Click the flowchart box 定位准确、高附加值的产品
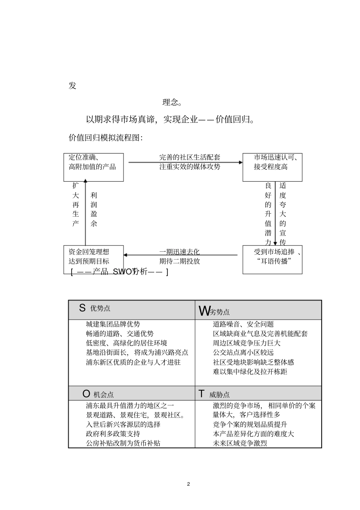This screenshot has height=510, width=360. [93, 167]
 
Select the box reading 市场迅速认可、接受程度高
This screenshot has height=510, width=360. [272, 167]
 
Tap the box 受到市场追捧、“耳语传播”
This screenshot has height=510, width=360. [272, 260]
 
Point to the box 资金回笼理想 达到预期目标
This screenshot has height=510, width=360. [93, 260]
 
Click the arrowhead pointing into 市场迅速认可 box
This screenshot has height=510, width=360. [240, 162]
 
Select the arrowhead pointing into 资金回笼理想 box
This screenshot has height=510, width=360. [126, 255]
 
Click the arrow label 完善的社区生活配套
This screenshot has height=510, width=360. [189, 157]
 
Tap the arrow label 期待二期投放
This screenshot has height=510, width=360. [180, 261]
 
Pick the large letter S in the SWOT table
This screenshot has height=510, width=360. [82, 308]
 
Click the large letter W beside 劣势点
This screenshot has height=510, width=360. [203, 311]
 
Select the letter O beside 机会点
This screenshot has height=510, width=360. [86, 394]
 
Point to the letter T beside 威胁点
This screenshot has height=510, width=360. [202, 394]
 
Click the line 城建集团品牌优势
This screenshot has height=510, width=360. [113, 324]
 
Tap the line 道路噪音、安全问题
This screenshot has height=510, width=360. [243, 324]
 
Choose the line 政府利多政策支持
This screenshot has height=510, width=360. [113, 434]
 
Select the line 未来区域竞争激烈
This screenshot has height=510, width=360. [240, 443]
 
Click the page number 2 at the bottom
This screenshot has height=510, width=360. [188, 484]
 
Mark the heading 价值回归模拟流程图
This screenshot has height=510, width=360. [105, 138]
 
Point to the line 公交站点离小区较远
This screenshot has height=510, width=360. [243, 353]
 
